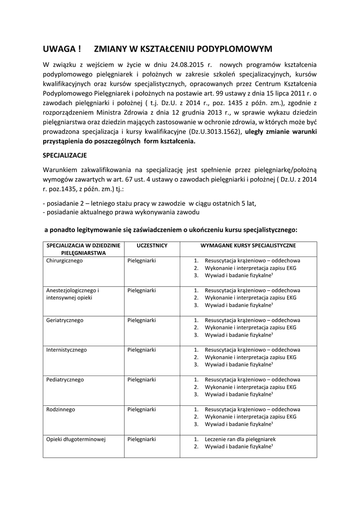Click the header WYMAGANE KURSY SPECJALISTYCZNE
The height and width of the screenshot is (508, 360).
[x=248, y=246]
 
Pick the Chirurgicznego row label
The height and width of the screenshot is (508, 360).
[x=65, y=260]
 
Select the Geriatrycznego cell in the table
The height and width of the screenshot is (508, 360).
[x=65, y=320]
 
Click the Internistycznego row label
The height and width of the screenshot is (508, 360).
[x=67, y=350]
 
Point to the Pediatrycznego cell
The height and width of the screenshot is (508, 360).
[x=65, y=380]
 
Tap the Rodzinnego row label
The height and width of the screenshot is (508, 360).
[x=61, y=409]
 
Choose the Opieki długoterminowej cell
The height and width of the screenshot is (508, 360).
[x=76, y=439]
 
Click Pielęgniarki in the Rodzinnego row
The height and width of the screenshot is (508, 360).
[x=142, y=409]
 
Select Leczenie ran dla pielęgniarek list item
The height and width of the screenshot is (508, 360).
[x=240, y=439]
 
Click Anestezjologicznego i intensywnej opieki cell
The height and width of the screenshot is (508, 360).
[x=73, y=294]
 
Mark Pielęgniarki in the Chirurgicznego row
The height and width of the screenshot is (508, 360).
[x=142, y=260]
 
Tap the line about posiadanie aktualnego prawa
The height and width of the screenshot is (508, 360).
[x=122, y=212]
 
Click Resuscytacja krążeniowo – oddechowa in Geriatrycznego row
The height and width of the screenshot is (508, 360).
[x=252, y=320]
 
